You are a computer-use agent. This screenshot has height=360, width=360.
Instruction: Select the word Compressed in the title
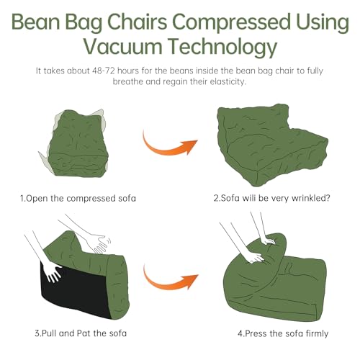pos(231,22)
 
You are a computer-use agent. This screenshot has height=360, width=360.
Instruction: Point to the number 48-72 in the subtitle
pos(104,71)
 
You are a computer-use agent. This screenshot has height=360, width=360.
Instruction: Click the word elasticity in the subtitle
pos(228,81)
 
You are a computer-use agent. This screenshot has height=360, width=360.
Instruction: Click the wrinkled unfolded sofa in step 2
pos(272,145)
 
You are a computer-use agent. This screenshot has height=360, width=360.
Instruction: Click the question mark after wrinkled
pos(328,198)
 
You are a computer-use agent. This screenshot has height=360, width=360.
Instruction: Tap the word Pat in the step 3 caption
pos(84,333)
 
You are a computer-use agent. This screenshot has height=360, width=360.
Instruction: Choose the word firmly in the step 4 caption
pos(317,334)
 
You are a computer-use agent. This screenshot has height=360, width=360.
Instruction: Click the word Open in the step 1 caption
pos(37,199)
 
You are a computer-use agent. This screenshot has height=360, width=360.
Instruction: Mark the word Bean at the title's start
pos(36,22)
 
